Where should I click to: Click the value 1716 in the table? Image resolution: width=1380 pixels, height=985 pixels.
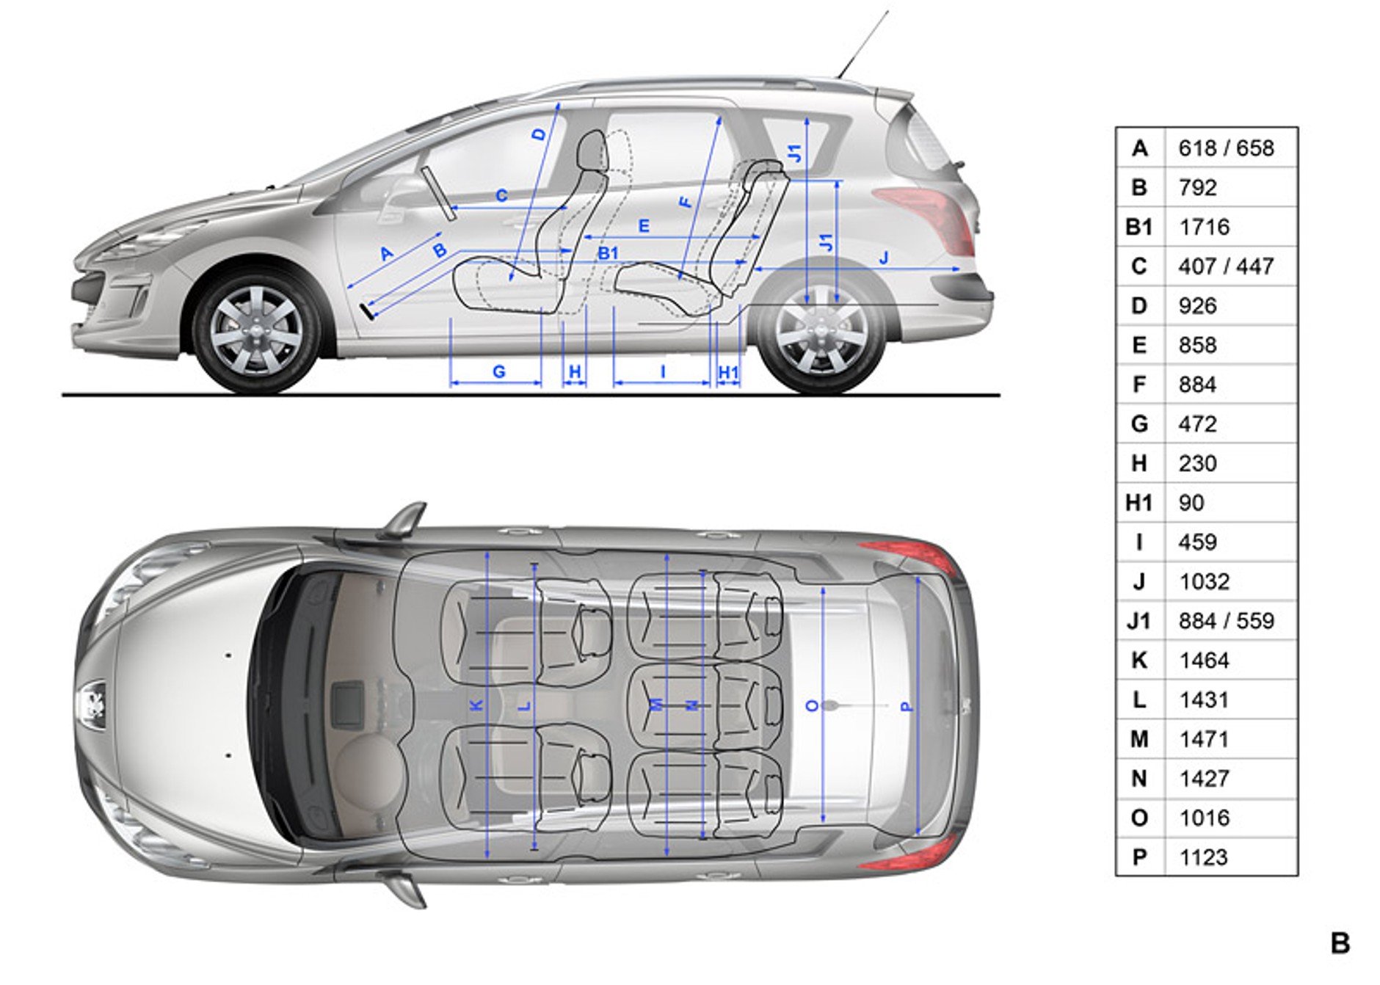tap(1204, 227)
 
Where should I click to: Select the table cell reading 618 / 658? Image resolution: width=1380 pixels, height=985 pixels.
tap(1226, 148)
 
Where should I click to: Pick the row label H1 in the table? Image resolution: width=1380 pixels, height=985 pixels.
tap(1138, 503)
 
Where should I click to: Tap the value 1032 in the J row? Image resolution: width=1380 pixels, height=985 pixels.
tap(1204, 581)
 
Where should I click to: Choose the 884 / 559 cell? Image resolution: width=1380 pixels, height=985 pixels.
tap(1226, 621)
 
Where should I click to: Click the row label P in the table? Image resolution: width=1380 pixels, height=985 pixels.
tap(1139, 857)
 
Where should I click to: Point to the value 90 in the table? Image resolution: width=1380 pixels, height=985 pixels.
tap(1191, 503)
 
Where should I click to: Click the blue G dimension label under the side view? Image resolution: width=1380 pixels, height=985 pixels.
tap(499, 371)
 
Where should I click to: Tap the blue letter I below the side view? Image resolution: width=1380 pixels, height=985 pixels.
tap(663, 371)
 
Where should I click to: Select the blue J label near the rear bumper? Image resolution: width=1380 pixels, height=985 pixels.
tap(884, 258)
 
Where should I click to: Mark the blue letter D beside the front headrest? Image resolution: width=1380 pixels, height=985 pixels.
tap(540, 134)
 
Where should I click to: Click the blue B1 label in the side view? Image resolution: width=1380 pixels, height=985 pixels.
tap(608, 253)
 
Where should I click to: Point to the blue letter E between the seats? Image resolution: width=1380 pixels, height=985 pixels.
tap(644, 226)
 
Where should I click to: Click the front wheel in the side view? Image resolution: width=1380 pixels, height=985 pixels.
tap(256, 332)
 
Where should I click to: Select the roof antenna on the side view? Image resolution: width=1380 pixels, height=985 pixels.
tap(862, 44)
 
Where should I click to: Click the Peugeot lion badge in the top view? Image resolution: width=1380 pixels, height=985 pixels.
tap(92, 705)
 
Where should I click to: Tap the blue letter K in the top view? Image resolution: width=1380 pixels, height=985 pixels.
tap(476, 705)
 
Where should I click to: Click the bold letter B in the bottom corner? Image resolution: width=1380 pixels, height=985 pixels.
tap(1340, 943)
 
